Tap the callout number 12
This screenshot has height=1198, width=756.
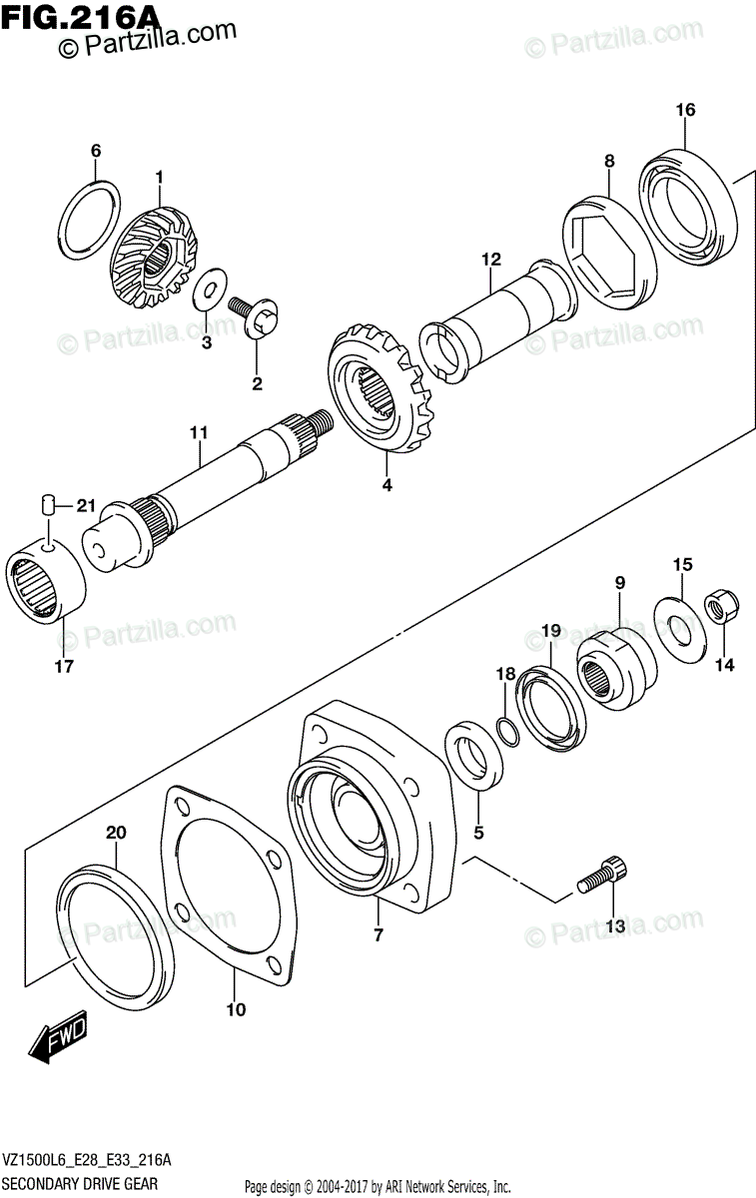(x=489, y=260)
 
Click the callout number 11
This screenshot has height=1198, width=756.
(x=198, y=432)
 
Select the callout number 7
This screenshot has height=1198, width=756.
(x=378, y=935)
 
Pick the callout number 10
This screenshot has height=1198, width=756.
(x=235, y=1009)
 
